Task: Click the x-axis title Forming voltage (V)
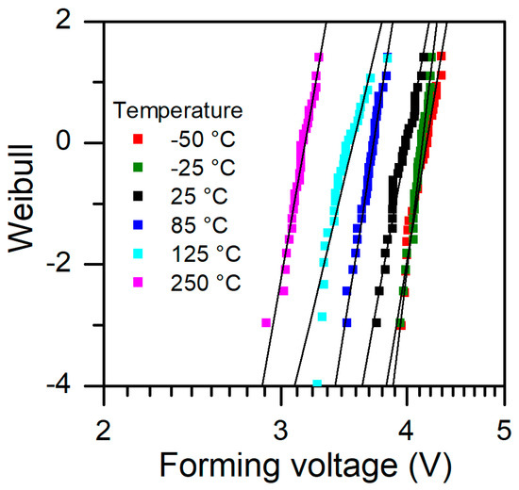pos(305,464)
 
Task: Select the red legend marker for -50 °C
pos(137,139)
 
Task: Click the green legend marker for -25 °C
pos(137,168)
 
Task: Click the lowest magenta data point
pos(266,323)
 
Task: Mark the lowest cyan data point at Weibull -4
pos(317,384)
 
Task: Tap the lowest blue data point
pos(347,323)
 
